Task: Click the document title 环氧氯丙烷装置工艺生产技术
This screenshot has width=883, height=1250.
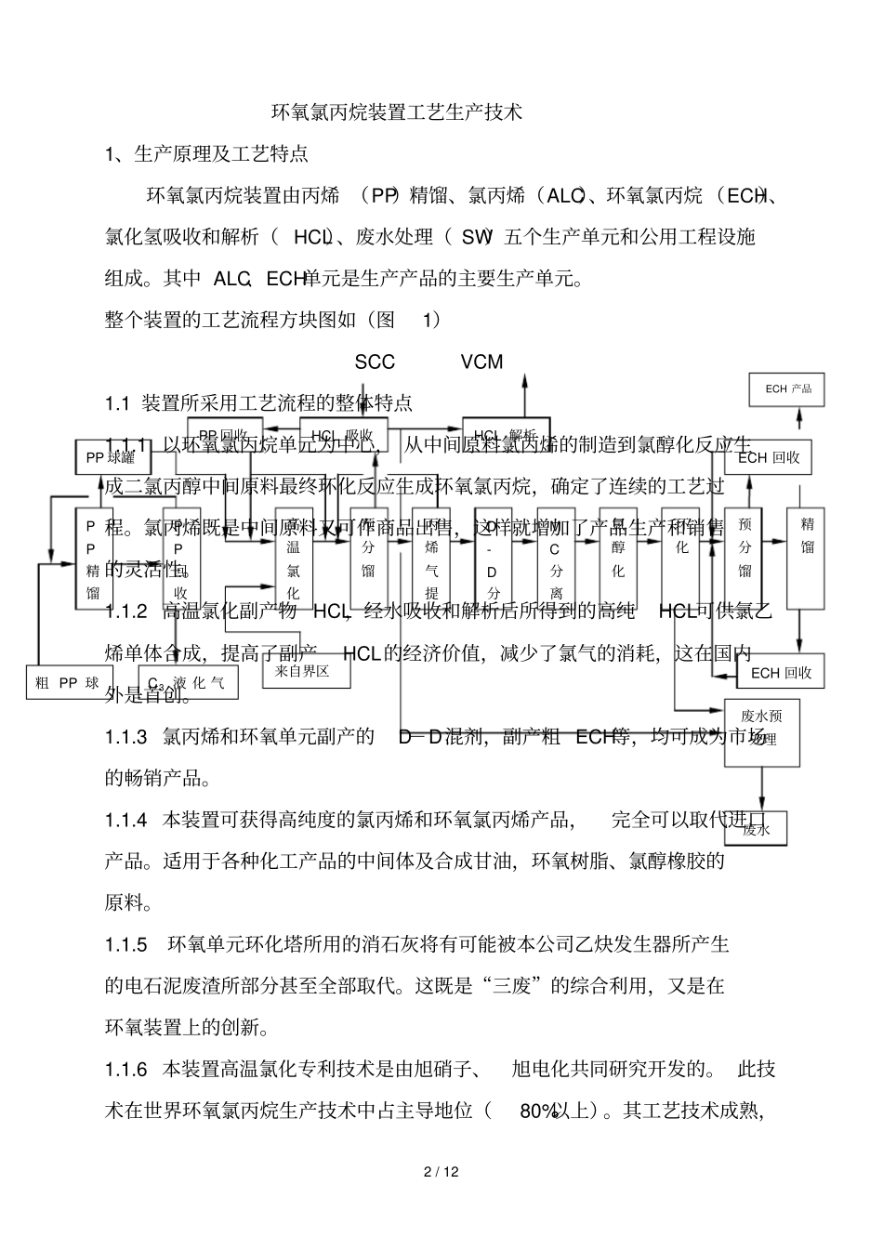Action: coord(397,112)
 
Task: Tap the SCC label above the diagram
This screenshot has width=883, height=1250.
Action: coord(375,362)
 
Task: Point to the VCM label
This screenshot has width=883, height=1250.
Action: coord(481,362)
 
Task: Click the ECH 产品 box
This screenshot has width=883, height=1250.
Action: coord(788,388)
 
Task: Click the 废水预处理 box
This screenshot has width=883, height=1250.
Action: coord(762,730)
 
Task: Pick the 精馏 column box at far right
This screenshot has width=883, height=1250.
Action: coord(807,558)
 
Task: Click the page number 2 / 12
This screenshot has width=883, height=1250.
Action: coord(441,1172)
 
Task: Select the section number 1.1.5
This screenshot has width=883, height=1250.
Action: coord(126,945)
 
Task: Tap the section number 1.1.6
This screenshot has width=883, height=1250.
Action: coord(126,1069)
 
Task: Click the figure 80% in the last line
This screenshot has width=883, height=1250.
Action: coord(538,1111)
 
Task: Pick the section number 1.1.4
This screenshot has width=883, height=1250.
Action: coord(126,820)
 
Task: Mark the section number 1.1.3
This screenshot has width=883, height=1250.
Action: coord(126,737)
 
